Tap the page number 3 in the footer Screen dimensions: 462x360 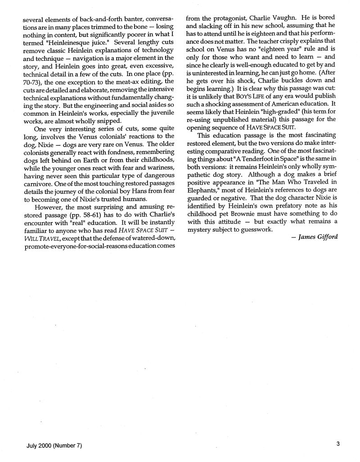tap(337, 444)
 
